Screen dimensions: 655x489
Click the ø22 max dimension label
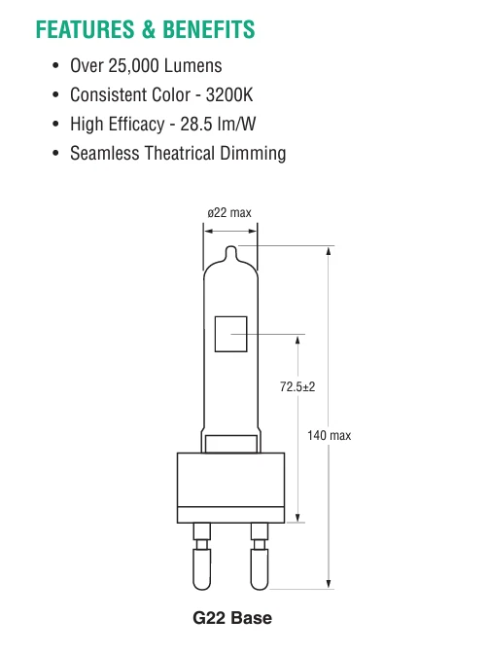230,211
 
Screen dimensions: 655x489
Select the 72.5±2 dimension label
297,386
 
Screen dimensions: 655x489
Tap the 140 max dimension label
329,435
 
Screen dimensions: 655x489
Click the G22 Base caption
231,618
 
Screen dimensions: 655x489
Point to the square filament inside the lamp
231,336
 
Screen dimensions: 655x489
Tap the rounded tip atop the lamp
230,254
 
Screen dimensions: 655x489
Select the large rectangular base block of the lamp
231,488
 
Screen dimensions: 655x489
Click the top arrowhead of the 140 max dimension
330,252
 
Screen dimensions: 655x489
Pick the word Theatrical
182,154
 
